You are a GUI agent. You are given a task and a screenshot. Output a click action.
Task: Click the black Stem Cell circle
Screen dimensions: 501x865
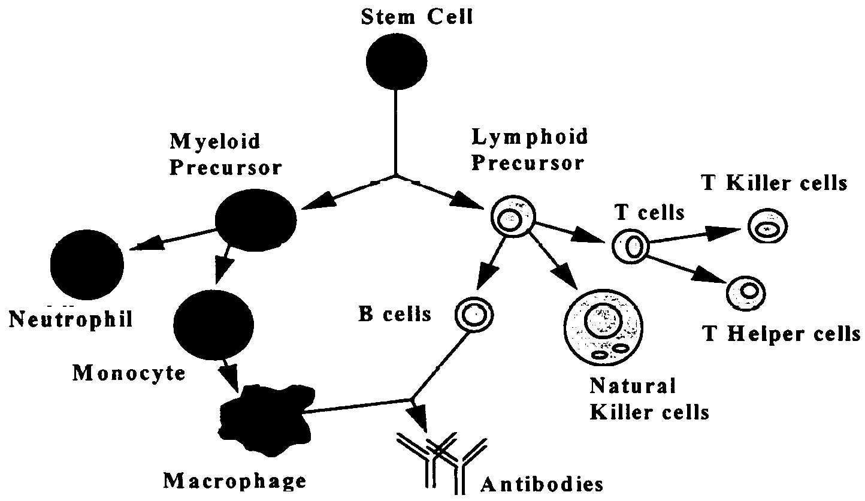pos(397,61)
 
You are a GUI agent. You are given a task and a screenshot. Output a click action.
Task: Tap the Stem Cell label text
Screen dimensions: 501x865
pos(418,17)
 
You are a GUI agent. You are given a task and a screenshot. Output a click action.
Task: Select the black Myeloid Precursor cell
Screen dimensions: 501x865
pos(256,219)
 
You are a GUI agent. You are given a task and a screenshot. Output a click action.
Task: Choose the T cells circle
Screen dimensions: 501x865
pos(631,246)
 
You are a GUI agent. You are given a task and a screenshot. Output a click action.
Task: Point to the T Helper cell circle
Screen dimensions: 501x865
pos(746,292)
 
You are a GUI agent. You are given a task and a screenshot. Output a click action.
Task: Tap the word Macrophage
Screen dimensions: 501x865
pos(235,481)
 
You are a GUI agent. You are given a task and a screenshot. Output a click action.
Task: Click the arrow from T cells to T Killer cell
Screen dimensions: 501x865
pos(695,236)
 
